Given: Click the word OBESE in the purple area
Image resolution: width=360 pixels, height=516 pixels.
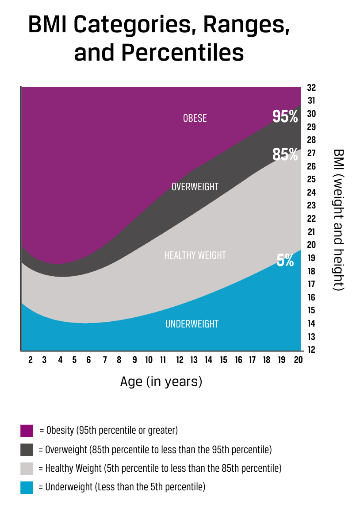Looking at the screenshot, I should point(195,118).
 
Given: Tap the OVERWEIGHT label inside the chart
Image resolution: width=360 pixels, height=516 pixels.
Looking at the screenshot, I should point(195,187).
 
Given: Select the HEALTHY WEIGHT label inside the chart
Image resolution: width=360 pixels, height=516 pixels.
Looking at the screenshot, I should point(195,255).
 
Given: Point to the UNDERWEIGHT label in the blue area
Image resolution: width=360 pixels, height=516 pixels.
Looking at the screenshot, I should point(192,324).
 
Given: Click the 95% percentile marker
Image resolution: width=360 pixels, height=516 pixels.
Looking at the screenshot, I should point(285,116).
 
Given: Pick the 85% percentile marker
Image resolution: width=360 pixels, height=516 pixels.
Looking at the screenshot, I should point(285,154).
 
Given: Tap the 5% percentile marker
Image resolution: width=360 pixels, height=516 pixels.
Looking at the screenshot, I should point(285,260).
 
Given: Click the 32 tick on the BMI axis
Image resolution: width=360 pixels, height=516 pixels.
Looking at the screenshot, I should point(311,88).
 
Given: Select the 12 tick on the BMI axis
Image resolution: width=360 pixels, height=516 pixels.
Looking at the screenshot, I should point(311,350).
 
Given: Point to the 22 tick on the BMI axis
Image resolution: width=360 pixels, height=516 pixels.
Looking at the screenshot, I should point(311,219).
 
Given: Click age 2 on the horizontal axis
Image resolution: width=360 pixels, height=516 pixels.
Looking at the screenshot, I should point(31,360).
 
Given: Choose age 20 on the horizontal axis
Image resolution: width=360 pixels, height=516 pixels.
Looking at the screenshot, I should point(298,360).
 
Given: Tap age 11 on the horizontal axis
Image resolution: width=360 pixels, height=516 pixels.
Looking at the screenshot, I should point(163,360).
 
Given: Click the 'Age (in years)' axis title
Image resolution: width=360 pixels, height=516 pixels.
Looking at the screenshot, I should point(161,381).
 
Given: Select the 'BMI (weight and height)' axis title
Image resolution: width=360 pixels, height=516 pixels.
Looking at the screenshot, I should point(338,219).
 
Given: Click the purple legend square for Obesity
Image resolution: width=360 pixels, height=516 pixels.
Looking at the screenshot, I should point(27,431).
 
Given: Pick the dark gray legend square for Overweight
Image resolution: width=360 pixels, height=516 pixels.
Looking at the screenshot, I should point(27,450).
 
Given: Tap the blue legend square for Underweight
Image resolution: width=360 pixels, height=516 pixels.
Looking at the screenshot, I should point(27,488).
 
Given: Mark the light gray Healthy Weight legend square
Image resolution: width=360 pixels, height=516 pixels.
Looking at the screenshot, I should point(27,469).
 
